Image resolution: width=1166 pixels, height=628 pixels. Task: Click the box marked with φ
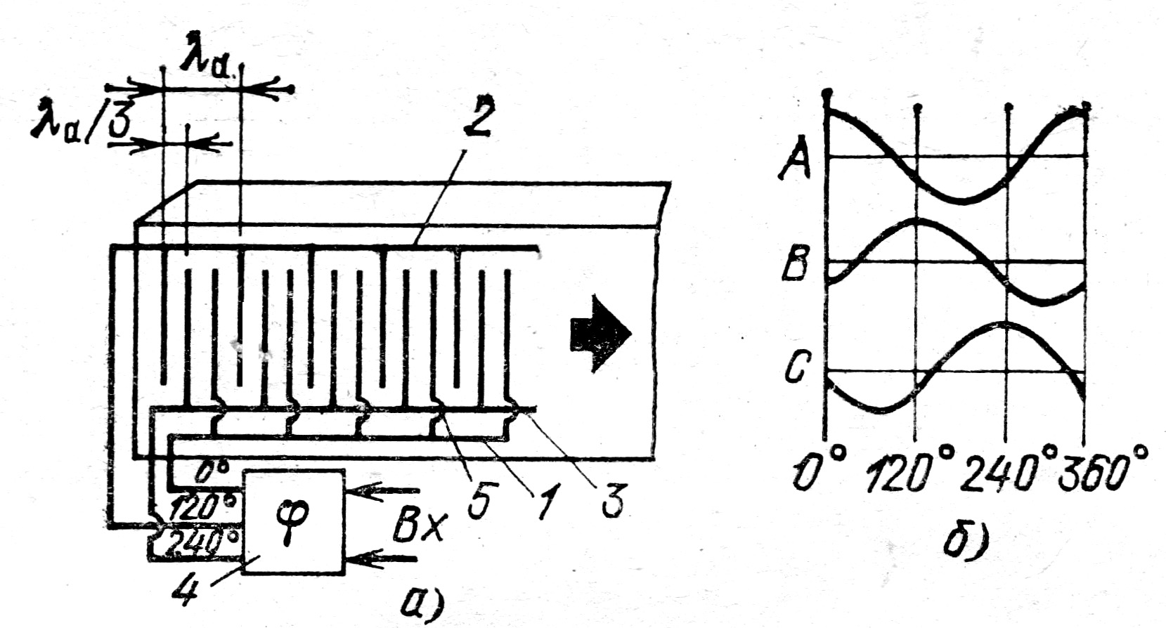[x=293, y=521]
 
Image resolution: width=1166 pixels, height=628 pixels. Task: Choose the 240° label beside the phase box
[x=199, y=542]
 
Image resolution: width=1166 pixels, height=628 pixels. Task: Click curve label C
[x=797, y=368]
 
